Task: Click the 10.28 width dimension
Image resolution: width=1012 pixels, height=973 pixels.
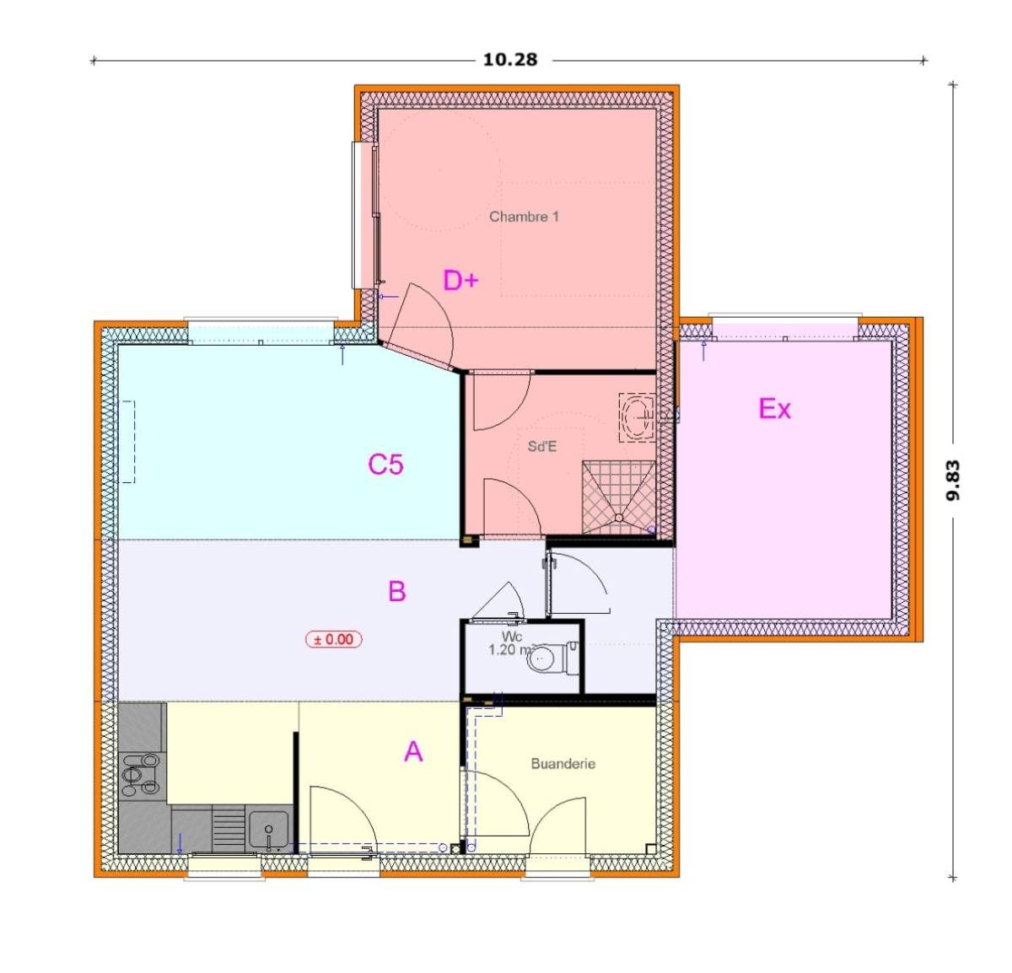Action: pyautogui.click(x=509, y=60)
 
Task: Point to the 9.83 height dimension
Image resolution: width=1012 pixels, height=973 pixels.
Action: pyautogui.click(x=952, y=481)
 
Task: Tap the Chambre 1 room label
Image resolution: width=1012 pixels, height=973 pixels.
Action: pyautogui.click(x=524, y=217)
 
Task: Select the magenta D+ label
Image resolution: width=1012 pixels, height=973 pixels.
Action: pyautogui.click(x=460, y=280)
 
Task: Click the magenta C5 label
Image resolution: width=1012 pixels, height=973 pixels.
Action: pyautogui.click(x=385, y=464)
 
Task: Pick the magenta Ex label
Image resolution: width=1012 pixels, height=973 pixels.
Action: pyautogui.click(x=774, y=409)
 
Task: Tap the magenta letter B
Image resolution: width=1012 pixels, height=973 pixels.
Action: pyautogui.click(x=396, y=591)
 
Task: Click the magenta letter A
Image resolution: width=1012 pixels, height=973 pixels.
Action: pyautogui.click(x=412, y=750)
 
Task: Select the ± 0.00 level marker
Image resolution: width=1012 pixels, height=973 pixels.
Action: pyautogui.click(x=334, y=639)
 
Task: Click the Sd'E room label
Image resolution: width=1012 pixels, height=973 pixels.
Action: pyautogui.click(x=541, y=446)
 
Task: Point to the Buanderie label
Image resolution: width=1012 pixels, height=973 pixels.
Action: pyautogui.click(x=563, y=763)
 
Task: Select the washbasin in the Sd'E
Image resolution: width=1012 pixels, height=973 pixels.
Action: pyautogui.click(x=637, y=417)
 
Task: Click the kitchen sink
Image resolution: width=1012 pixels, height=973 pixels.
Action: pyautogui.click(x=269, y=828)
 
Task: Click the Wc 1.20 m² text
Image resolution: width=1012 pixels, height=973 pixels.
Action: pyautogui.click(x=511, y=643)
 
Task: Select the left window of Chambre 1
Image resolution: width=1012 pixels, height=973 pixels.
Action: pyautogui.click(x=364, y=216)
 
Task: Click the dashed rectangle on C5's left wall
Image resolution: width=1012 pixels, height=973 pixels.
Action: pyautogui.click(x=128, y=442)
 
